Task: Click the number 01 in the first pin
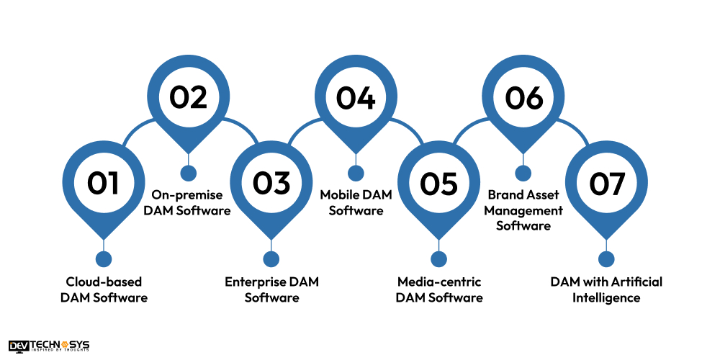103,184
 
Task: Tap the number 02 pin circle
188,98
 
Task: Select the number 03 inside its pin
271,184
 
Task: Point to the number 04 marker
355,98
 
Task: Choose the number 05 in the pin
438,184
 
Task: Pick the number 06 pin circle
523,98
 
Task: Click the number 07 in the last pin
606,184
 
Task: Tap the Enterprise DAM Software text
271,289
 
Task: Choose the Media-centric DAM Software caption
439,289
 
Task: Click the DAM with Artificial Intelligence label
606,289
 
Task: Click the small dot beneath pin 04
355,174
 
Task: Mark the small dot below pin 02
188,174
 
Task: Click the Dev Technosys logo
49,346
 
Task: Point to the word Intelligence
606,297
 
